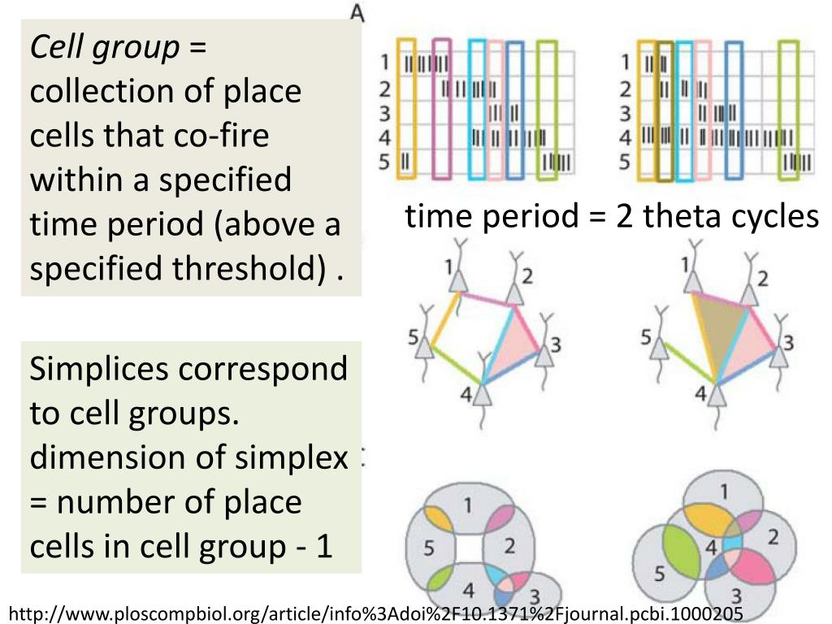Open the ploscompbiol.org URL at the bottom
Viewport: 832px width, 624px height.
(x=376, y=614)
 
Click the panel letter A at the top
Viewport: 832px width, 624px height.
(x=358, y=13)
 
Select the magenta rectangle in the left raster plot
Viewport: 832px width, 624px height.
(x=441, y=109)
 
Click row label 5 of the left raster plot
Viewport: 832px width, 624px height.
(x=384, y=162)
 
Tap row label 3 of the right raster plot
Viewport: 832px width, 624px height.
(x=625, y=114)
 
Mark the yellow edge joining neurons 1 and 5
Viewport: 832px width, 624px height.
(x=444, y=319)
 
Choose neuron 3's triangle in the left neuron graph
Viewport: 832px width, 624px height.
(x=544, y=356)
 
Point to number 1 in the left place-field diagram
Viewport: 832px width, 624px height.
(x=467, y=505)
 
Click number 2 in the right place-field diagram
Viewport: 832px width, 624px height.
(x=773, y=538)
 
